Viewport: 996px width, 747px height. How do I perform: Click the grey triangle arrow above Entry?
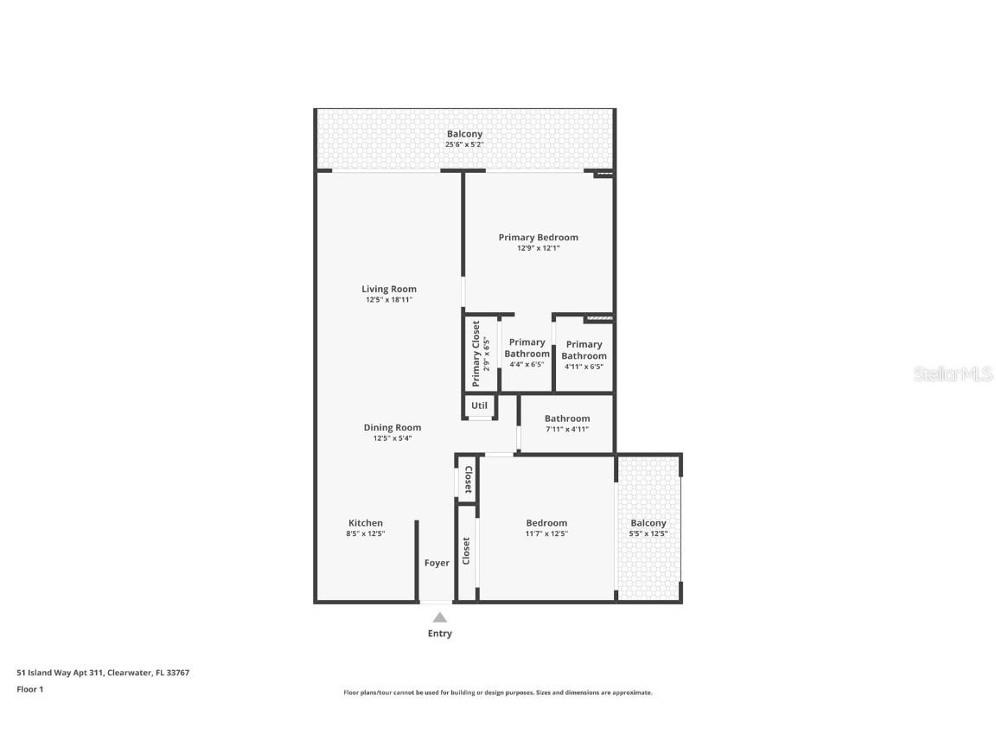(x=440, y=617)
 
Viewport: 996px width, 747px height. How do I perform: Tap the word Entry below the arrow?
(x=440, y=634)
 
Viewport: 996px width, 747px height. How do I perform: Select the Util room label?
(x=479, y=405)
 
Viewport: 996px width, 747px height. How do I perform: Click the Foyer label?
(x=437, y=563)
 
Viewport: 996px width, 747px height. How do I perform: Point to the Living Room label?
(x=389, y=290)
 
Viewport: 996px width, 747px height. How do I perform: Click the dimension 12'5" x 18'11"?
(x=389, y=301)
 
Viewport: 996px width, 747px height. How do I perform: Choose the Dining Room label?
(x=392, y=427)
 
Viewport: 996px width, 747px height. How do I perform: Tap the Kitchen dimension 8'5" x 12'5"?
(x=366, y=534)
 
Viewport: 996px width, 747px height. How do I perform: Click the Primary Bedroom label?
(x=538, y=238)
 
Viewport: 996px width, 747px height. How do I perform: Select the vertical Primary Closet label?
(x=476, y=354)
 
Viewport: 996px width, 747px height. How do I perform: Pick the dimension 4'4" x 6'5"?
(x=527, y=365)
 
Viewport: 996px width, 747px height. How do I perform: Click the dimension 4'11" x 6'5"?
(x=584, y=367)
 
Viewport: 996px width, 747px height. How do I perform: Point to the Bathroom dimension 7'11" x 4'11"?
(x=567, y=429)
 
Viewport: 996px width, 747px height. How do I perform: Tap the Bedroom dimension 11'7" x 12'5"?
(x=546, y=534)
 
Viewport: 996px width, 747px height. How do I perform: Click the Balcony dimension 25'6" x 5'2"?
(x=464, y=144)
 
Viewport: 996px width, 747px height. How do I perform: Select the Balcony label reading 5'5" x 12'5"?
(x=648, y=534)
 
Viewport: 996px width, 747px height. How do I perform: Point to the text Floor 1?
(x=29, y=689)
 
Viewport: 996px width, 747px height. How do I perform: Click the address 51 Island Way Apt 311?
(x=61, y=673)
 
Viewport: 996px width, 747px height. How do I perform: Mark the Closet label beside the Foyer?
(x=466, y=551)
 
